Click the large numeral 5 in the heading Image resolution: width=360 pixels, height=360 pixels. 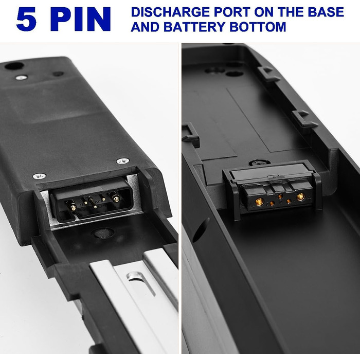click(26, 20)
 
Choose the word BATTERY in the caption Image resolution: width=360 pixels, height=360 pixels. click(194, 27)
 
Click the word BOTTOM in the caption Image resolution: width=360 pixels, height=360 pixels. click(258, 27)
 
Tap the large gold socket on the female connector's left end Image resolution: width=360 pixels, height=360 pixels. click(260, 202)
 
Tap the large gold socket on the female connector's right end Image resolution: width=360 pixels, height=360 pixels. click(300, 196)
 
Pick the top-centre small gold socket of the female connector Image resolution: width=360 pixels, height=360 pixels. click(280, 196)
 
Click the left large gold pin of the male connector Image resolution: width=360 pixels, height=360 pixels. click(73, 207)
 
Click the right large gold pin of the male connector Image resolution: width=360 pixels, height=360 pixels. click(116, 197)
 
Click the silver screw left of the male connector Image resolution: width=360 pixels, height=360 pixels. click(39, 176)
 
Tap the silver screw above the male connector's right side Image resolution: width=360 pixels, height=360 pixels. click(123, 160)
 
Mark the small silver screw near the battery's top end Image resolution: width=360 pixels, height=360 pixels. click(21, 78)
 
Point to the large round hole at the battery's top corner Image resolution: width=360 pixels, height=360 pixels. click(14, 66)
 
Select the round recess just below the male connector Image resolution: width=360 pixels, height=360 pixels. click(103, 233)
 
